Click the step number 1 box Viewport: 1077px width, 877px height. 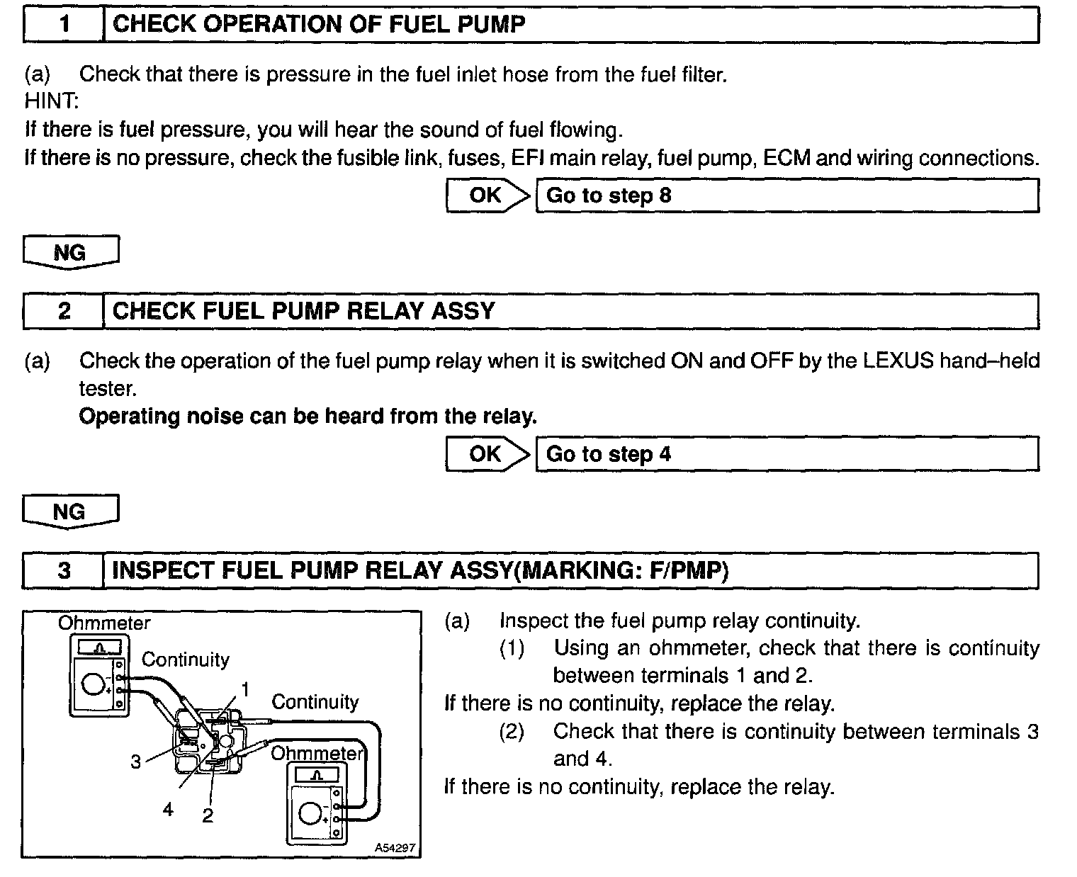(64, 25)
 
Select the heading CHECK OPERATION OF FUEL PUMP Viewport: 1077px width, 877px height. (319, 25)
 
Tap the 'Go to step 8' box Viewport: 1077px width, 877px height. (786, 196)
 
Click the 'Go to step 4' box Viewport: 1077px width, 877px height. (786, 454)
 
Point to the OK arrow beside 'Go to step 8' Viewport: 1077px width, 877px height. (487, 196)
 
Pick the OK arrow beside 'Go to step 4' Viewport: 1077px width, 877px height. (487, 454)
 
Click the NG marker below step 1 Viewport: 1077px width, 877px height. (70, 253)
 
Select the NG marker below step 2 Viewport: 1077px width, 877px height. (70, 511)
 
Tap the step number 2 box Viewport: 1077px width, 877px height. (64, 312)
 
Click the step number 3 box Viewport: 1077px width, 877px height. (64, 571)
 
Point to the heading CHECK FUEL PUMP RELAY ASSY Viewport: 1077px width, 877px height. (304, 312)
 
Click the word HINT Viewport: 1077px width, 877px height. (51, 101)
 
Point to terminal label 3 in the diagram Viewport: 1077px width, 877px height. (135, 762)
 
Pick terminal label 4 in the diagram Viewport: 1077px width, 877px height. (168, 809)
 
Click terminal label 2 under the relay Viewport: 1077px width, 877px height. (208, 815)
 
